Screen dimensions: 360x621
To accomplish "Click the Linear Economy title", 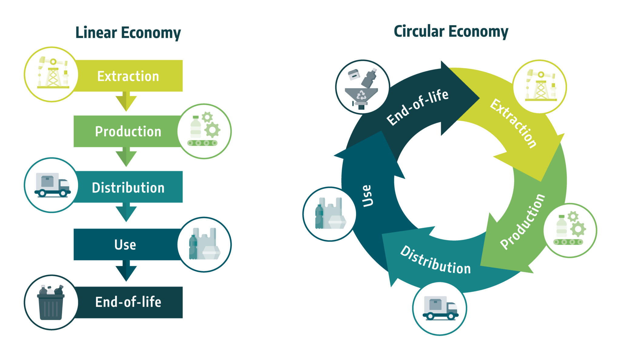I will click(x=128, y=33).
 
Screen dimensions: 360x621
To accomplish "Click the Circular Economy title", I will click(x=451, y=32).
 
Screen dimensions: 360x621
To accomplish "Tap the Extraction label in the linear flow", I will click(x=128, y=76).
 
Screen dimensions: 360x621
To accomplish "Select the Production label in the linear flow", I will click(x=128, y=132).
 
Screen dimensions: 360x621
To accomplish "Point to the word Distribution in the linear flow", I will click(x=128, y=188).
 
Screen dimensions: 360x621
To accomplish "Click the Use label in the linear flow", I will click(x=125, y=245).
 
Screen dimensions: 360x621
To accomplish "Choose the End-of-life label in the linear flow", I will click(x=128, y=302).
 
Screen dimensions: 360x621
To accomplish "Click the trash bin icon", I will click(x=51, y=302).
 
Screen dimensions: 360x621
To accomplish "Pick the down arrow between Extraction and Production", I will click(x=126, y=101).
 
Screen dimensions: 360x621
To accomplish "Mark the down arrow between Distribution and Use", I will click(x=126, y=212).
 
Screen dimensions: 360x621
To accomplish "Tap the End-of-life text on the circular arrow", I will click(x=418, y=107).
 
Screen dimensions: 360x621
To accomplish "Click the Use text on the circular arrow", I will click(x=367, y=196).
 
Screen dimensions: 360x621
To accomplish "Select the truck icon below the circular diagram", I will click(x=440, y=308).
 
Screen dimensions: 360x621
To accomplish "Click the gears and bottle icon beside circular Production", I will click(x=570, y=230).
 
